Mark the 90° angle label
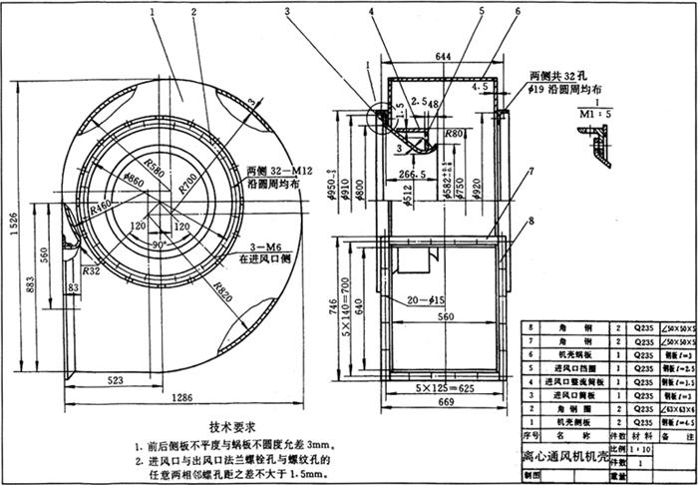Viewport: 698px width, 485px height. (x=161, y=242)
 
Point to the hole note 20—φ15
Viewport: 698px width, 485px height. (x=426, y=299)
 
